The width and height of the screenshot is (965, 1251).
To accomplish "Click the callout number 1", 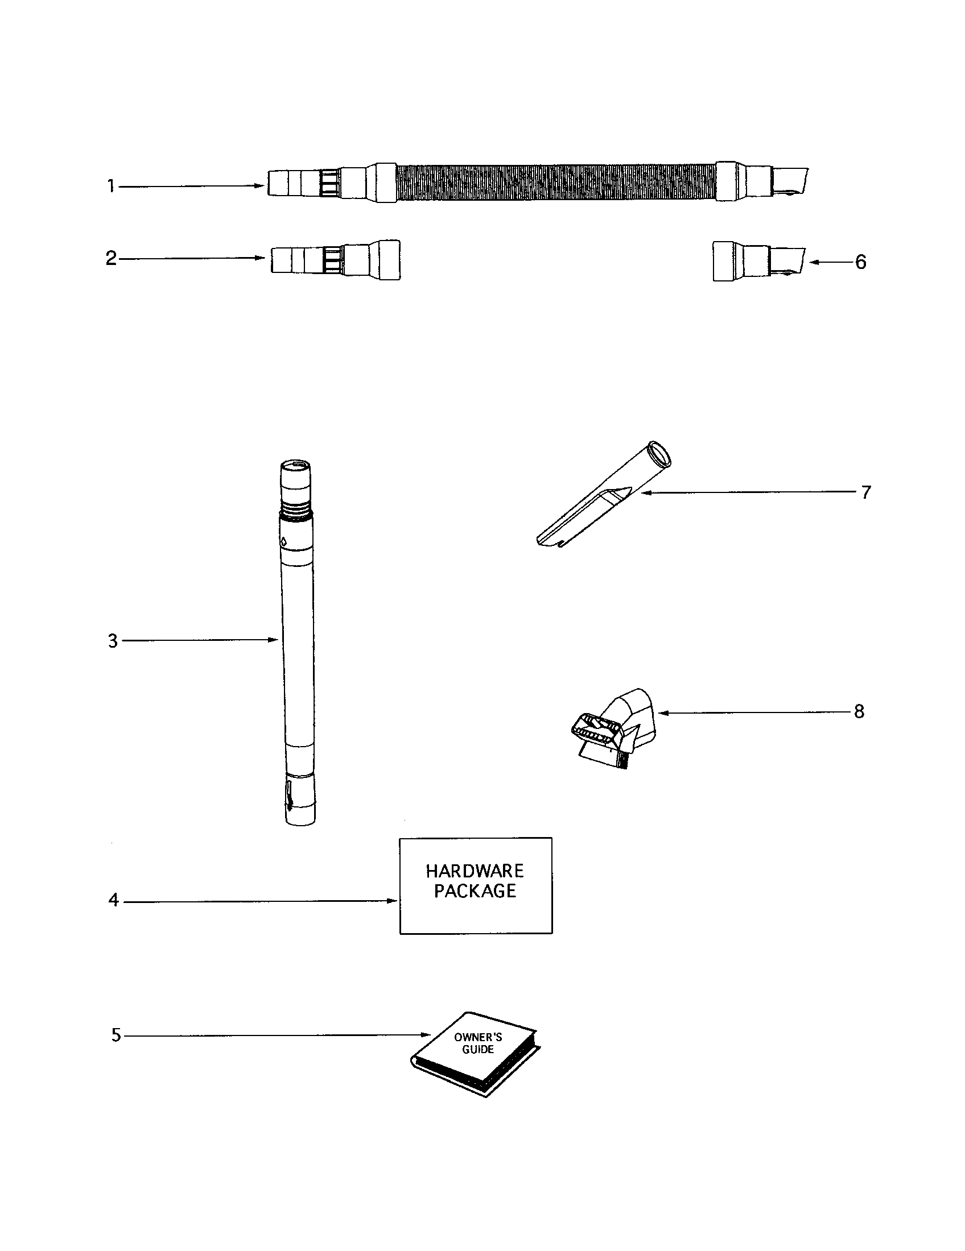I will tap(112, 186).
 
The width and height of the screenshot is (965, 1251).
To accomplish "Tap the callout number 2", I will tap(111, 258).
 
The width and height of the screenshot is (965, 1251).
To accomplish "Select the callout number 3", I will tap(113, 641).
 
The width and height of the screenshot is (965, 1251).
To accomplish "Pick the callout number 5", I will tap(116, 1035).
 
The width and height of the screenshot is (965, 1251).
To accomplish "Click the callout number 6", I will tap(860, 262).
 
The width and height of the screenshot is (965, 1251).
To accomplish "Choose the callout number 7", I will tap(866, 492).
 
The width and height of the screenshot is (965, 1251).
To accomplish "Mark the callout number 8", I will tap(859, 712).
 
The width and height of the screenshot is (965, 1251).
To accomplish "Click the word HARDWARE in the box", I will tap(475, 872).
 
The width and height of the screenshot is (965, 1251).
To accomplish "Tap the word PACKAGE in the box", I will tap(475, 891).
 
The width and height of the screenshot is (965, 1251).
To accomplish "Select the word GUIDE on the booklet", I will tap(478, 1049).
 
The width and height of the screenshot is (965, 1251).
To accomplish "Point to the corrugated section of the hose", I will tap(556, 183).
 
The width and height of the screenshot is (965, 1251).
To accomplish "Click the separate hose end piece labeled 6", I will tap(756, 262).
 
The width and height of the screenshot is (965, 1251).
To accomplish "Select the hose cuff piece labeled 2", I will tap(335, 260).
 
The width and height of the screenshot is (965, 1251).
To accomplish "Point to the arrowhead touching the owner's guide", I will tap(426, 1035).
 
